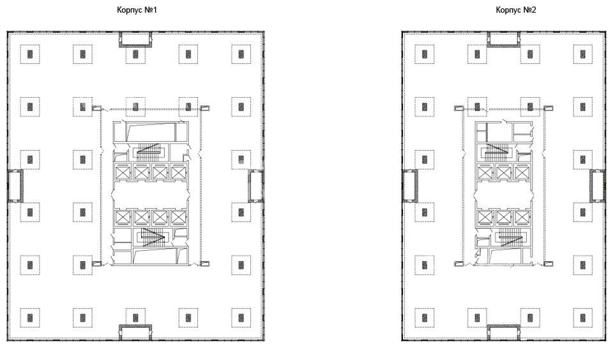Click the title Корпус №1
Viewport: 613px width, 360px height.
coord(137,10)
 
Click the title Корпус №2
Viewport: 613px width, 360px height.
coord(516,10)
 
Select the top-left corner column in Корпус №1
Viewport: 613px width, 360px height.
coord(30,54)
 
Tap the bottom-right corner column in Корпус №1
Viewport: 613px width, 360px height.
coord(241,317)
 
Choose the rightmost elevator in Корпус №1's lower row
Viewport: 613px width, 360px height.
coord(178,218)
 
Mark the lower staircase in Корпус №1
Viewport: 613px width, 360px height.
coord(152,237)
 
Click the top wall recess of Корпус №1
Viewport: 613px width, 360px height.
coord(135,40)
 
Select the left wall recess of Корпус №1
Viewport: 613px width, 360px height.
coord(15,186)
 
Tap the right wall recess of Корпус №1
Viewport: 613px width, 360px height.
coord(255,186)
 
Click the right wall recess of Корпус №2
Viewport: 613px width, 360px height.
coord(598,186)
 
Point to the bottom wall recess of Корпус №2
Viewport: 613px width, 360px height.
coord(504,333)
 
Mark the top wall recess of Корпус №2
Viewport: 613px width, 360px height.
coord(504,40)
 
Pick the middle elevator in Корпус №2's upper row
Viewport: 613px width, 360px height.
coord(504,172)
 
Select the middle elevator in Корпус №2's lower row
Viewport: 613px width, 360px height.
coord(504,218)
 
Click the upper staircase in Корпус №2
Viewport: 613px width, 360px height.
coord(497,152)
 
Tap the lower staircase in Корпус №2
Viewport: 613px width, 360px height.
coord(510,237)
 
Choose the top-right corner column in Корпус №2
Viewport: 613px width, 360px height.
coord(583,54)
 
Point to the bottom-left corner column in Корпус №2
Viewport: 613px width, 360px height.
coord(425,317)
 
